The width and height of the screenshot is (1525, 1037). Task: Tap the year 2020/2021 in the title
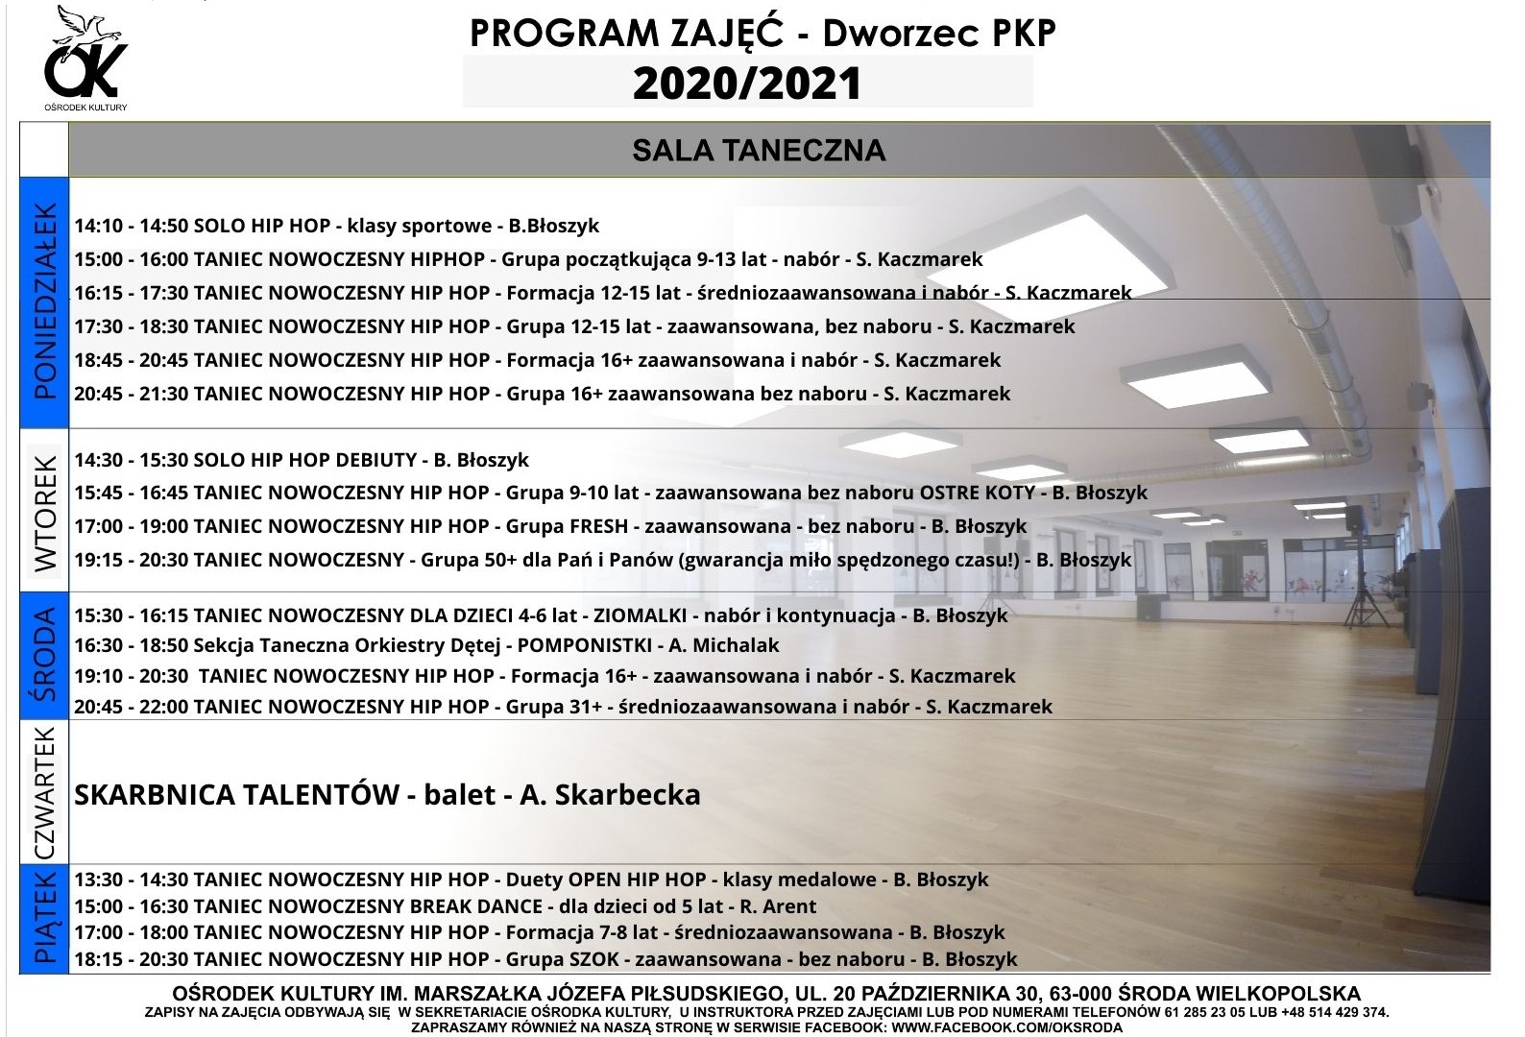click(746, 84)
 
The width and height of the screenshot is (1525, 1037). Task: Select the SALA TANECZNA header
click(758, 151)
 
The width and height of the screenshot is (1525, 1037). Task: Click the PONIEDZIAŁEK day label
click(44, 301)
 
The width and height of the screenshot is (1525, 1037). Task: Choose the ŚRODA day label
click(44, 655)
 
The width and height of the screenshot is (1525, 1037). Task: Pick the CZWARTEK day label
click(44, 792)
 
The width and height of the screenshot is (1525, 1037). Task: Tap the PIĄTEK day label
click(44, 918)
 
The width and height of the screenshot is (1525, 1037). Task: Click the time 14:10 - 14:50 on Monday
click(132, 226)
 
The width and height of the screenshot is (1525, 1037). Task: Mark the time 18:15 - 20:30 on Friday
click(132, 958)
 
